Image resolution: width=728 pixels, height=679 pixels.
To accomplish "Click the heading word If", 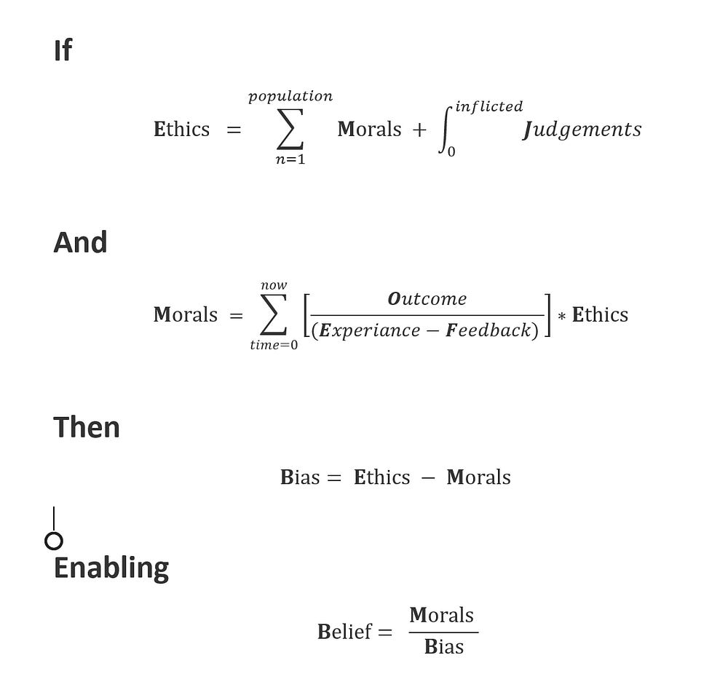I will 63,51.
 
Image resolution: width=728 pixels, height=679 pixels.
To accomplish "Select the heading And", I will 80,242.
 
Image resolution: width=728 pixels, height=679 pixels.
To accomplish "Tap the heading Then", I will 87,427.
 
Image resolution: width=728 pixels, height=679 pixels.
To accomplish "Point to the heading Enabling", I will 111,568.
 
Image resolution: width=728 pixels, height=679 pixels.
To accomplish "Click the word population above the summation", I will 290,96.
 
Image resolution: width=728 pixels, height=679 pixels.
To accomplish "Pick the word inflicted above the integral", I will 488,106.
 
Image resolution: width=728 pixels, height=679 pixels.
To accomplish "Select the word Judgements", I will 582,130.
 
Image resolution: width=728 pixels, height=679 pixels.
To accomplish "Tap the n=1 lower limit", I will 290,159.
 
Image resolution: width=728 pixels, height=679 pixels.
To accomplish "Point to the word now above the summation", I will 274,285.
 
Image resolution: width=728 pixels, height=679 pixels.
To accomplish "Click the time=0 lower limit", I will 274,345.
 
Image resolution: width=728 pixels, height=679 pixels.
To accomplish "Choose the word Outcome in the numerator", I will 427,299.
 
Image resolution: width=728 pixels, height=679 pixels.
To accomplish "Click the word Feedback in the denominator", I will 488,330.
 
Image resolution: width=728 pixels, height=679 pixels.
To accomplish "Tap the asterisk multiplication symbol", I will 561,317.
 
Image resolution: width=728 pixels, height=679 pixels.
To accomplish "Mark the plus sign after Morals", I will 419,130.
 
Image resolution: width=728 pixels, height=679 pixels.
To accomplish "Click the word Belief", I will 345,631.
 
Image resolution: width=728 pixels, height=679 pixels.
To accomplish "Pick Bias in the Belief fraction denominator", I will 443,647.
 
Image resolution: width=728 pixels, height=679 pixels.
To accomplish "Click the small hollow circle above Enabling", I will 54,541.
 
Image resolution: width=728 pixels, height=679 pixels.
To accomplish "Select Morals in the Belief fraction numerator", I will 442,616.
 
